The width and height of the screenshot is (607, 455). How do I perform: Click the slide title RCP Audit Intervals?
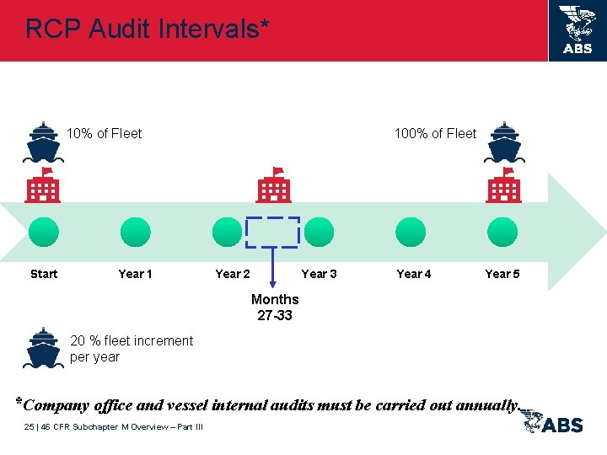[x=148, y=29]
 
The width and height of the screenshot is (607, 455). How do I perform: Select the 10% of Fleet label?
[x=105, y=133]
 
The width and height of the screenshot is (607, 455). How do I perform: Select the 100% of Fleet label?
[x=435, y=133]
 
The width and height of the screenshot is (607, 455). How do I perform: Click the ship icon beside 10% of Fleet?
[x=43, y=142]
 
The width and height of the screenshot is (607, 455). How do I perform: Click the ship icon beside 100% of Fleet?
[x=504, y=142]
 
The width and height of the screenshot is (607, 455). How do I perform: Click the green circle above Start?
[x=43, y=232]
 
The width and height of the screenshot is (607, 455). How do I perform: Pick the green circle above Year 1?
[x=135, y=232]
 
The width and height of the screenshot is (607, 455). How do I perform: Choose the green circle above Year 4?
[x=411, y=232]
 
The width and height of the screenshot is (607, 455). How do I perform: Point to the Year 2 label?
[x=233, y=274]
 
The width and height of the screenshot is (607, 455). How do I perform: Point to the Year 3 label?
[x=320, y=274]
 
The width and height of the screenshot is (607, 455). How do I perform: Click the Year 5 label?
[x=502, y=274]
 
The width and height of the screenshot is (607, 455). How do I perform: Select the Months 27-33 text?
[x=275, y=308]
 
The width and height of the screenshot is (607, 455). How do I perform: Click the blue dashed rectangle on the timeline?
[x=272, y=232]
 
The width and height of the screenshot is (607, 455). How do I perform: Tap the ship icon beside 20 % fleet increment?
[x=43, y=348]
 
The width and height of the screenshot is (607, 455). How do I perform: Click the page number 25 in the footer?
[x=30, y=427]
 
